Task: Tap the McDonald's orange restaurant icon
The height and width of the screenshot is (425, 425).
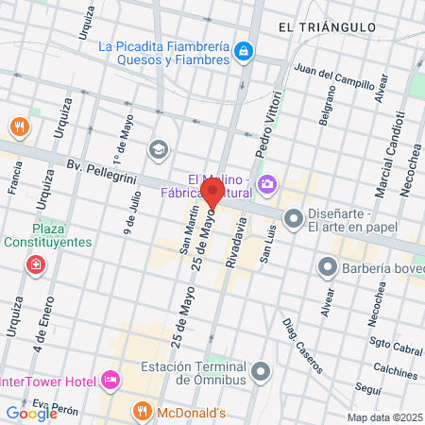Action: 143,411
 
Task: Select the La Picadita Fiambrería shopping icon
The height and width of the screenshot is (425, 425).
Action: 244,49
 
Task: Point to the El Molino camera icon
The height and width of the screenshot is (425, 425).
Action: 268,181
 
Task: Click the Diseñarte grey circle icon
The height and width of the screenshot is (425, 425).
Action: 294,219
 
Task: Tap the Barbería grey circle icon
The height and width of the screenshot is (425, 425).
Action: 328,267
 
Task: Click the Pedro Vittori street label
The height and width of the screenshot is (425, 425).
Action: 268,123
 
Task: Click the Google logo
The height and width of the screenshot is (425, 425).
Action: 31,413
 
